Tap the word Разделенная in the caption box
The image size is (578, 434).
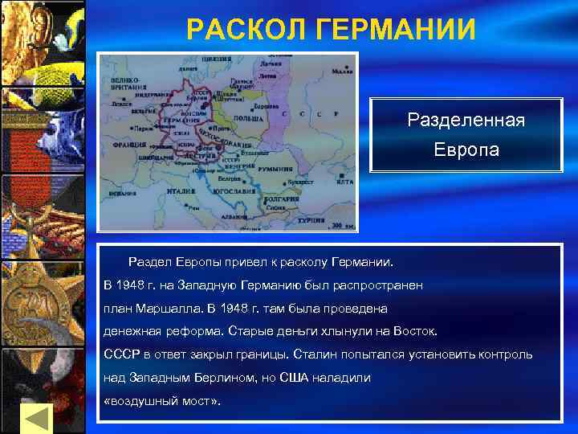pyautogui.click(x=466, y=121)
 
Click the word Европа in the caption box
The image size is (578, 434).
pyautogui.click(x=466, y=149)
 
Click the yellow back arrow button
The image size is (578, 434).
pyautogui.click(x=35, y=419)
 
